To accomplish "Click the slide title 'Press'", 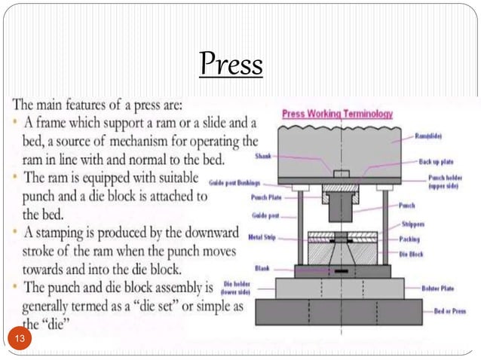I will click(x=231, y=65).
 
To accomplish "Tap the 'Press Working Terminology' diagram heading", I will click(x=337, y=114).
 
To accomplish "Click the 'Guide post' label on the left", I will click(x=268, y=215).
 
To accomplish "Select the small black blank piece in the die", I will click(x=342, y=270).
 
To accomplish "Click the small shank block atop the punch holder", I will click(x=342, y=174).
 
